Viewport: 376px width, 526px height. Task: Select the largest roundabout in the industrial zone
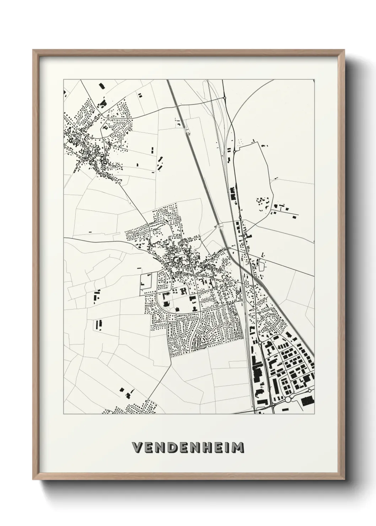click(x=288, y=400)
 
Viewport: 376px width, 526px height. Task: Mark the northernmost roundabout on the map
click(x=225, y=97)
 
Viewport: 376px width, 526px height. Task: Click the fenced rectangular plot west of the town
click(x=146, y=284)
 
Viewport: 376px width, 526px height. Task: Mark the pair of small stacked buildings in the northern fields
click(x=140, y=95)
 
